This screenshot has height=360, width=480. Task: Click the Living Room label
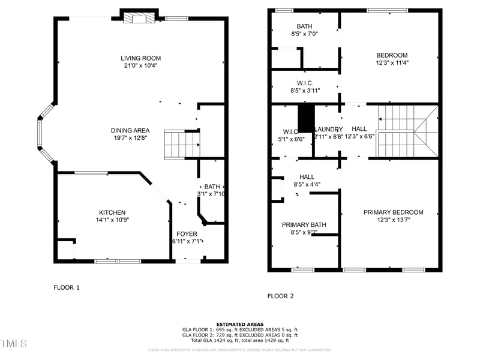[140, 58]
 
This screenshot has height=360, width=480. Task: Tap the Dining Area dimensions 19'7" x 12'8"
[130, 138]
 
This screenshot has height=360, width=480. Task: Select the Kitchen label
[112, 212]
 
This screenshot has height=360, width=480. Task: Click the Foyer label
[187, 234]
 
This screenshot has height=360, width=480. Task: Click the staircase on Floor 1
[181, 145]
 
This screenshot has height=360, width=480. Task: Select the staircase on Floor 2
[407, 130]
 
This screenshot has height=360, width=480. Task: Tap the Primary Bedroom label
[393, 212]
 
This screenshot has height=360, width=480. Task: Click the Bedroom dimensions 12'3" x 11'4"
[392, 63]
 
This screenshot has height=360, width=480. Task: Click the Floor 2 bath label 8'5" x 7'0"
[305, 34]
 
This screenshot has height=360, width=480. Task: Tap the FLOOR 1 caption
[67, 287]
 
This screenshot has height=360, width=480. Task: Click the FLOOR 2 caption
[280, 296]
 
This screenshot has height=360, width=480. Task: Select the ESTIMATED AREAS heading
[239, 325]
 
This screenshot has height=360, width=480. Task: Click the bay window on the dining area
[43, 133]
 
